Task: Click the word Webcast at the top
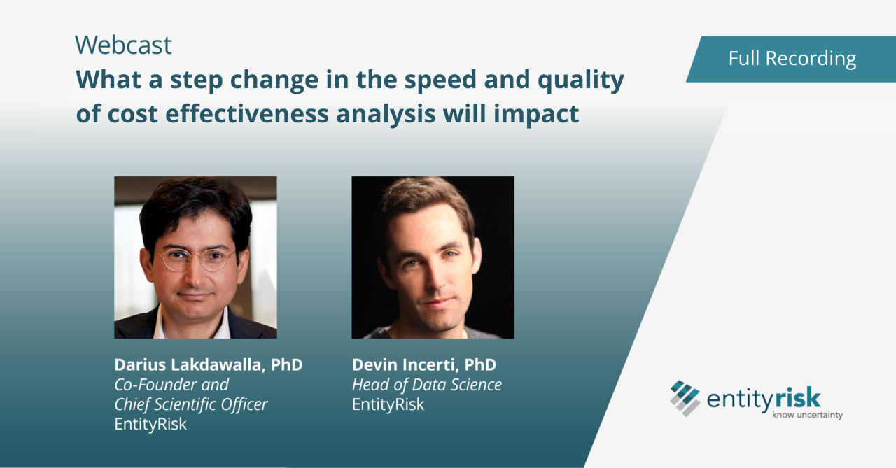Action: coord(123,45)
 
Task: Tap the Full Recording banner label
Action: coord(792,58)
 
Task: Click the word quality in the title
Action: coord(581,80)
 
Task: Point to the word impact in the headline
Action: coord(536,114)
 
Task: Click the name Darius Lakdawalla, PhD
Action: coord(209,365)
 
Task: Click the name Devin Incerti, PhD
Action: coord(424,365)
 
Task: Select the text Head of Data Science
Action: coord(427,385)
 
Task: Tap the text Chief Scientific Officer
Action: coord(191,404)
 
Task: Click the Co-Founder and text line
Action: coord(171,385)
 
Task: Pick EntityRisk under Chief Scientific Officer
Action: coord(150,424)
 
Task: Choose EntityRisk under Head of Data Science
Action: coord(388,404)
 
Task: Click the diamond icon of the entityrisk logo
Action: coord(685,399)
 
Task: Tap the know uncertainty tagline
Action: coord(807,415)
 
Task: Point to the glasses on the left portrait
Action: coord(195,259)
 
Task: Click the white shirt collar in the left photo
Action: coord(160,324)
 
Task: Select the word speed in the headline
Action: coord(440,80)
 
